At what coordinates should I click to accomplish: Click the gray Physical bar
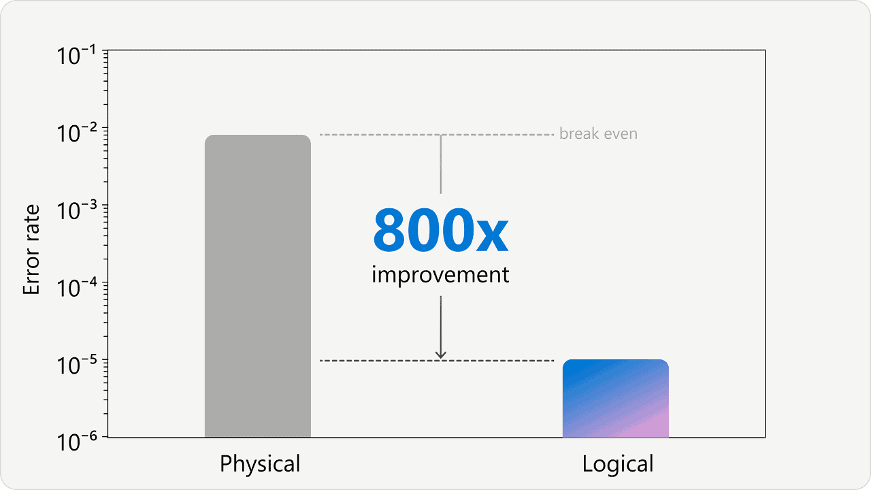click(258, 286)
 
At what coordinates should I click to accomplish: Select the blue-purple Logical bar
click(616, 398)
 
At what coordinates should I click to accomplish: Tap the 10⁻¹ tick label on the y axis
click(76, 55)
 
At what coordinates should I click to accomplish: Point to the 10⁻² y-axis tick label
click(76, 133)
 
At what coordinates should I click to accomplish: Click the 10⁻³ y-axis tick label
click(76, 210)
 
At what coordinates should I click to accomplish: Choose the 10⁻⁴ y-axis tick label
click(76, 287)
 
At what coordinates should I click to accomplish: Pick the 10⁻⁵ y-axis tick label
click(76, 365)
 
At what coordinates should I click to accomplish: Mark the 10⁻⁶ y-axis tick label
click(76, 442)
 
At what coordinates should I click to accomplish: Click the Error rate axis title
click(31, 250)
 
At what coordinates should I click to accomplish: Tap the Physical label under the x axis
click(260, 464)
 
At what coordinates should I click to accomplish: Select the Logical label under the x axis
click(617, 464)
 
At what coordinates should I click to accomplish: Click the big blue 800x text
click(440, 230)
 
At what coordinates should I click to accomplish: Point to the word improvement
click(440, 276)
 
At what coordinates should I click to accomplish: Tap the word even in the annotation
click(621, 135)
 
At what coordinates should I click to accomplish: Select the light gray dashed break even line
click(437, 135)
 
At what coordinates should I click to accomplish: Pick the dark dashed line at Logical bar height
click(437, 361)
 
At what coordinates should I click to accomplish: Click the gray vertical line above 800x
click(440, 164)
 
